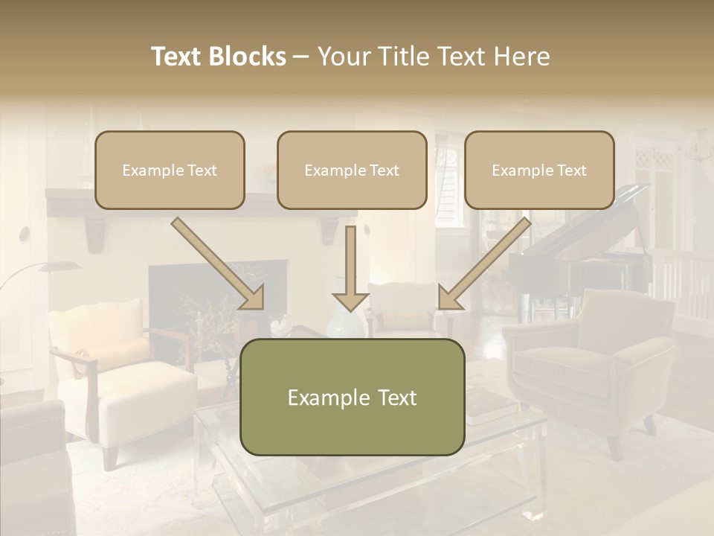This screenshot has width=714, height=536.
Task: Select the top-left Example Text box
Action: pos(170,170)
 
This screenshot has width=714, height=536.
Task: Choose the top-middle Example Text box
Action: pos(352,170)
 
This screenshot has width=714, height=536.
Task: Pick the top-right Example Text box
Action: pos(539,170)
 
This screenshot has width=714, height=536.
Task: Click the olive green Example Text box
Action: pos(352,397)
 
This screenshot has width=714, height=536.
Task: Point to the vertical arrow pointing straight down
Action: pos(350,268)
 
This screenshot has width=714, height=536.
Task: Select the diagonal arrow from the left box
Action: pos(219,264)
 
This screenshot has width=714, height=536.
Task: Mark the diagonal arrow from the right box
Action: pos(483,264)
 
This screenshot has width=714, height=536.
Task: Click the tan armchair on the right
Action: pos(595,365)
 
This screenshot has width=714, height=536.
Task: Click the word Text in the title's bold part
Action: pos(177,57)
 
